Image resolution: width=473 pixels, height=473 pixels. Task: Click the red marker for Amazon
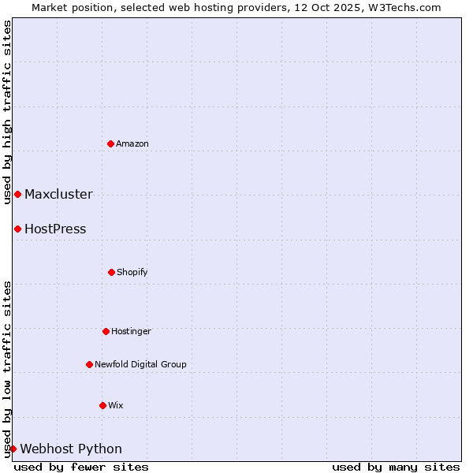(x=110, y=143)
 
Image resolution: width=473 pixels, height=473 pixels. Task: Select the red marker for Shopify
(x=111, y=272)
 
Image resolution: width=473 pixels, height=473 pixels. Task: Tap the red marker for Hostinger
(x=106, y=331)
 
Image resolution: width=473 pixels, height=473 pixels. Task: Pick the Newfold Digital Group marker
(x=89, y=364)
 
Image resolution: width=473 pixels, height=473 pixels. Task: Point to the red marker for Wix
(x=102, y=405)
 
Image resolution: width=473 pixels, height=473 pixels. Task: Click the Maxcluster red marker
(x=17, y=194)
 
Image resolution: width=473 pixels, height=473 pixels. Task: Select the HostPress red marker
(x=17, y=229)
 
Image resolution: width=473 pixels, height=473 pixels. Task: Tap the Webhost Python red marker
(x=13, y=449)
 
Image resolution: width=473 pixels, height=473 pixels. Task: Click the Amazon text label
(x=132, y=143)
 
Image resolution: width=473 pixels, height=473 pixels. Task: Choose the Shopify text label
(x=132, y=272)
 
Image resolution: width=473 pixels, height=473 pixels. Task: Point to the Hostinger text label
(x=131, y=331)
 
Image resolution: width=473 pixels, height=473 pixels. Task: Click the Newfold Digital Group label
(x=140, y=364)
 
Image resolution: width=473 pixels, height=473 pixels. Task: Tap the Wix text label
(x=116, y=405)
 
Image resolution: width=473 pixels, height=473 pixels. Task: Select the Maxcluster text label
(x=58, y=194)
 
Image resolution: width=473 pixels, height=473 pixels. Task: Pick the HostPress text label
(x=55, y=229)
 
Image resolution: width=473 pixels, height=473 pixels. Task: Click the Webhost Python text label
(x=71, y=449)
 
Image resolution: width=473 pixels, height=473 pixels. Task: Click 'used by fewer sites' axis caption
(x=81, y=467)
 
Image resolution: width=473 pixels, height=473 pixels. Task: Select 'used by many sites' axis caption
(x=396, y=467)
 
